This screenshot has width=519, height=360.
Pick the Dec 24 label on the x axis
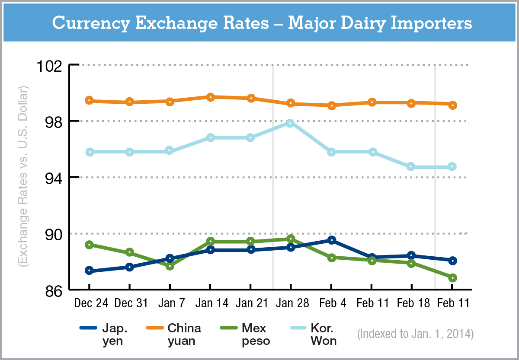click(91, 303)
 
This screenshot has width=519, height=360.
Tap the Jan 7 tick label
click(169, 303)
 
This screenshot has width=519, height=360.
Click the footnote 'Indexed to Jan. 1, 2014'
click(415, 334)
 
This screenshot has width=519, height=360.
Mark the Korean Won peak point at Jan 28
click(290, 123)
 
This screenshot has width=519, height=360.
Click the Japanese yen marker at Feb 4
click(331, 240)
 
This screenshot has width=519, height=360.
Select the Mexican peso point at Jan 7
click(170, 266)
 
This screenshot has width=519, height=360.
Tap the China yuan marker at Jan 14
click(210, 97)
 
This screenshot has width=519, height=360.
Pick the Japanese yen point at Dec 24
click(89, 271)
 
